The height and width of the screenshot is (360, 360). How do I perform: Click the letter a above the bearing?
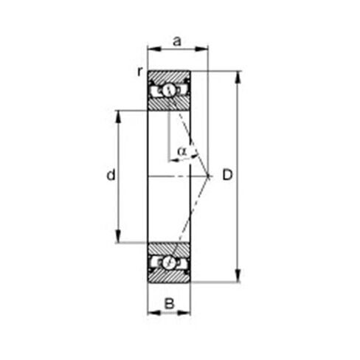(x=177, y=42)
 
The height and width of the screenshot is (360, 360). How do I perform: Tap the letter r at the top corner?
(x=139, y=71)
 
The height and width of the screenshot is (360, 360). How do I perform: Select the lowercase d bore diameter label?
(x=110, y=176)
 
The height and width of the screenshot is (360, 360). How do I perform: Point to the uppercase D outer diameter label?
(x=227, y=176)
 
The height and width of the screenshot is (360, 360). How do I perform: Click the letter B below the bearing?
(x=169, y=302)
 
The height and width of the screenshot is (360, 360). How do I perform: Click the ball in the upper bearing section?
(x=169, y=90)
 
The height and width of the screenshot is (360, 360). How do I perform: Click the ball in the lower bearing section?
(x=169, y=262)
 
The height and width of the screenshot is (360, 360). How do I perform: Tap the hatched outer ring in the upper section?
(x=169, y=76)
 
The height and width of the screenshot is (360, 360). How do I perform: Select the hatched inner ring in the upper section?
(x=169, y=104)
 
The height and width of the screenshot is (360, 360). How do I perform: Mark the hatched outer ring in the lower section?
(x=169, y=276)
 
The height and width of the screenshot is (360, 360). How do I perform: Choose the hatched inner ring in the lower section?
(x=169, y=248)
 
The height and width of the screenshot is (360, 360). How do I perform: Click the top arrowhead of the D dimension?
(x=238, y=75)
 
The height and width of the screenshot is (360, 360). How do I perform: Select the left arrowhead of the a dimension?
(x=151, y=50)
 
